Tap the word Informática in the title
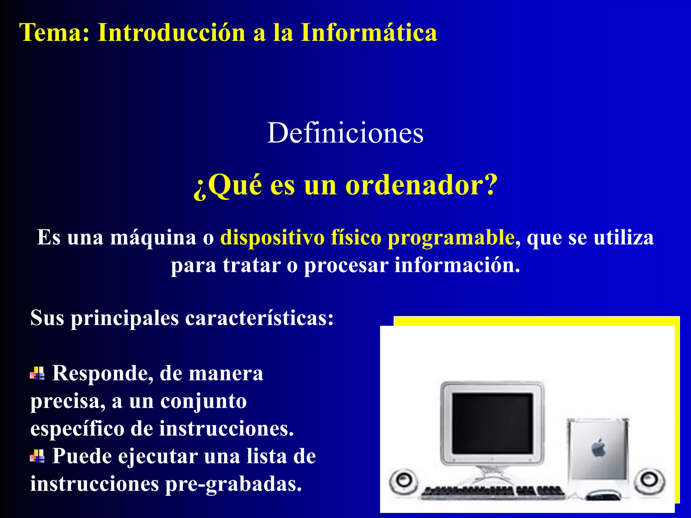point(369,33)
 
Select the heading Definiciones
point(345,133)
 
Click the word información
point(457,265)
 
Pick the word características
point(259,318)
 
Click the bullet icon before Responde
point(37,373)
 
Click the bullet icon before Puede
point(37,456)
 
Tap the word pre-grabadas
point(233,485)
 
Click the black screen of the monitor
point(492,423)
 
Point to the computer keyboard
point(493,492)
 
